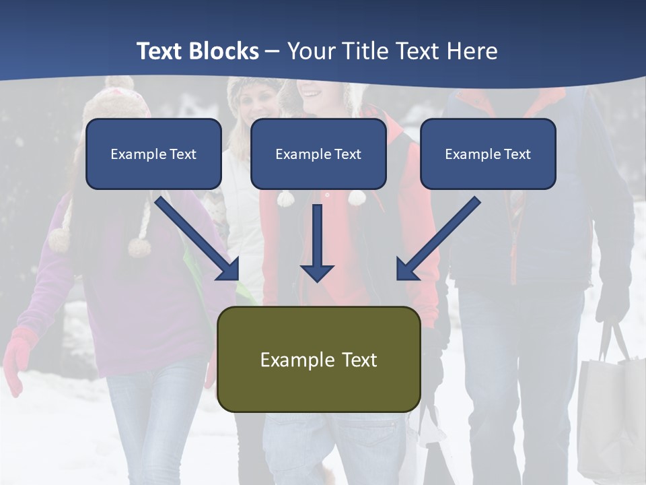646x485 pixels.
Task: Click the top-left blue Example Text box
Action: tap(153, 154)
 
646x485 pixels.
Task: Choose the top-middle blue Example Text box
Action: tap(318, 154)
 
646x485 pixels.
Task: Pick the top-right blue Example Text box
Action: tap(488, 154)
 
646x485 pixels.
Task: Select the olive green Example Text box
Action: tap(318, 359)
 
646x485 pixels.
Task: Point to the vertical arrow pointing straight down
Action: tap(317, 243)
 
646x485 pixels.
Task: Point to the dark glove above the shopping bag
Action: tap(613, 303)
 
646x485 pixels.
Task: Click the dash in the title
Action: tap(273, 51)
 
